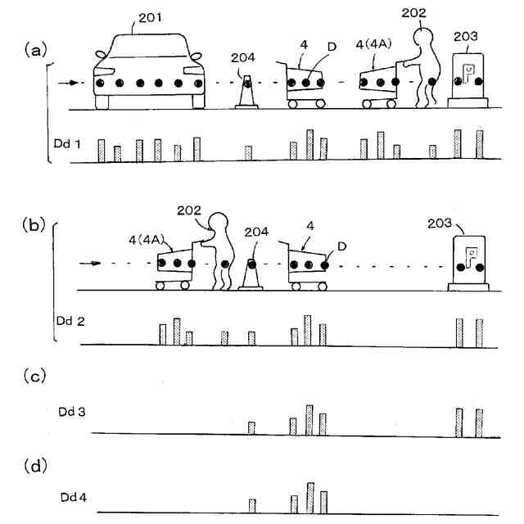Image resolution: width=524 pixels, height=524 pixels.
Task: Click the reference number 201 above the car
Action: pyautogui.click(x=149, y=19)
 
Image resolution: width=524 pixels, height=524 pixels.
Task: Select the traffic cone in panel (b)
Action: pyautogui.click(x=251, y=274)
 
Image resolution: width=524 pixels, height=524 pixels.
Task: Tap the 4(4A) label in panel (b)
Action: pyautogui.click(x=149, y=240)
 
